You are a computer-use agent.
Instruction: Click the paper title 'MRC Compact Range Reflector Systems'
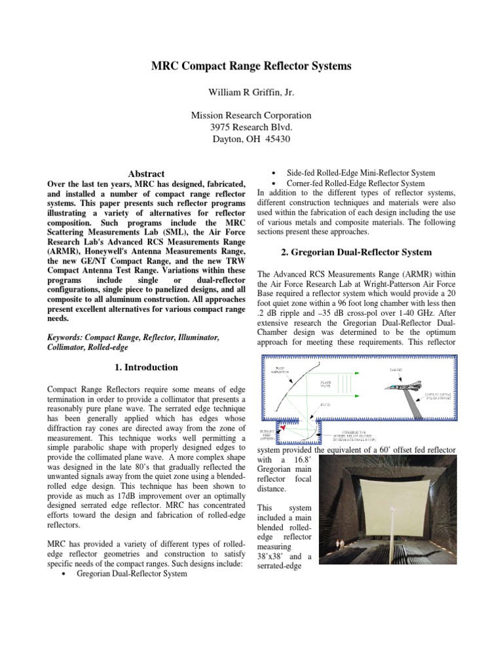point(251,66)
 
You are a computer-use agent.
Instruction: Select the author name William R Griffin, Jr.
point(251,92)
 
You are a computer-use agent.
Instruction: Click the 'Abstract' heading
point(146,174)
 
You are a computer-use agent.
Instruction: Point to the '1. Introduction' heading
point(146,368)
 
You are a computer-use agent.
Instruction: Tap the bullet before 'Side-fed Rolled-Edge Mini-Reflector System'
point(272,173)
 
